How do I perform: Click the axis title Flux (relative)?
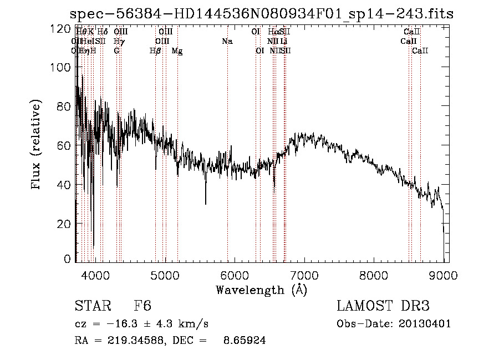point(37,144)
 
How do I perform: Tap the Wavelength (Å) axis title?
point(261,290)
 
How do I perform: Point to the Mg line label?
point(177,51)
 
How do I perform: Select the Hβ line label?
point(155,51)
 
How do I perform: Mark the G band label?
point(116,51)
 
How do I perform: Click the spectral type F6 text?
point(142,307)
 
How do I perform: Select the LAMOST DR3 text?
point(383,307)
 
